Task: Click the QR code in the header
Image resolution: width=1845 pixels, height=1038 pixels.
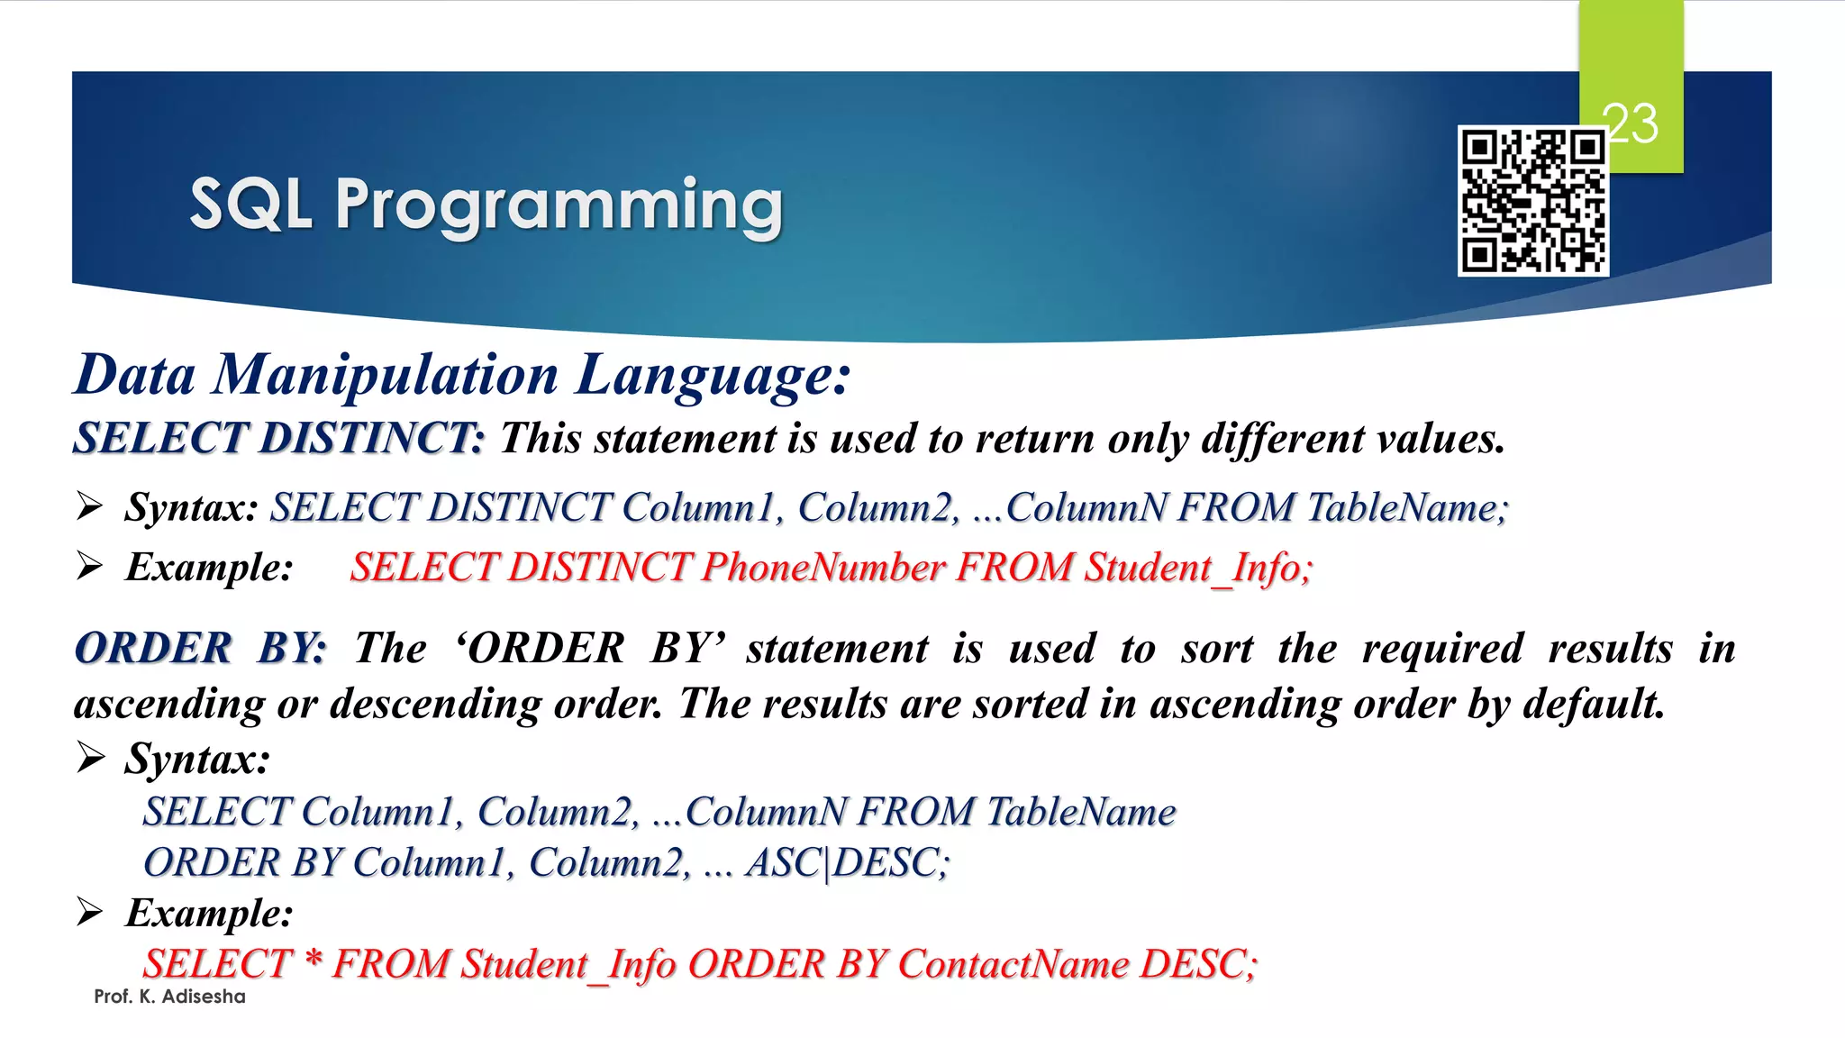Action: (x=1533, y=201)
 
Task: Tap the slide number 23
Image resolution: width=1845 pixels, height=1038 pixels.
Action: (x=1631, y=123)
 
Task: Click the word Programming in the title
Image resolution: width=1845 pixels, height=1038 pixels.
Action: (x=559, y=206)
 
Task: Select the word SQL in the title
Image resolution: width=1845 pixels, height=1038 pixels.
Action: (x=250, y=205)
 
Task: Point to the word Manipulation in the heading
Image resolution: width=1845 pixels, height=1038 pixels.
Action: (x=385, y=375)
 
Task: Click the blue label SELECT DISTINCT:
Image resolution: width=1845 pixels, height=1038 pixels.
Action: (x=279, y=439)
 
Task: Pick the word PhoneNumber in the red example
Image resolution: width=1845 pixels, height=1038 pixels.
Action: (x=823, y=568)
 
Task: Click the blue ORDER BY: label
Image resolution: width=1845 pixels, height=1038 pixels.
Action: (x=200, y=649)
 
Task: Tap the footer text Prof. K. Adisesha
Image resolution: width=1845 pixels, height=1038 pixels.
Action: (x=169, y=997)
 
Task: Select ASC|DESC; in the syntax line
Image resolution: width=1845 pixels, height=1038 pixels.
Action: (x=847, y=863)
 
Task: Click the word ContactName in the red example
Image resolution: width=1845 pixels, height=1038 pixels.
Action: (x=1013, y=964)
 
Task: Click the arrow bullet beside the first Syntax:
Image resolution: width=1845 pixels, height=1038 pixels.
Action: (x=90, y=506)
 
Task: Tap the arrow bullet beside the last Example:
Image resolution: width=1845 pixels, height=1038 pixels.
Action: (x=90, y=912)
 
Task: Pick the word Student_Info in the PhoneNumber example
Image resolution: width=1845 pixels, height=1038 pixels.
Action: (x=1198, y=568)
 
